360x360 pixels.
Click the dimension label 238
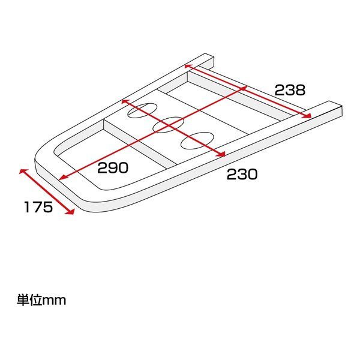290,90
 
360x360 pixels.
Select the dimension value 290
113,167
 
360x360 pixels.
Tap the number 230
242,174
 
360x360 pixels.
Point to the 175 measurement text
38,207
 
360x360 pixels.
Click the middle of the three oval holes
168,125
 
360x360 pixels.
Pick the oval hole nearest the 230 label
197,140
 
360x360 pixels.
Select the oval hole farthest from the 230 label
142,110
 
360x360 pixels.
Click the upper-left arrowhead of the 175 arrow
23,171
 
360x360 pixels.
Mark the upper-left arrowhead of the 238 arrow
187,66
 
